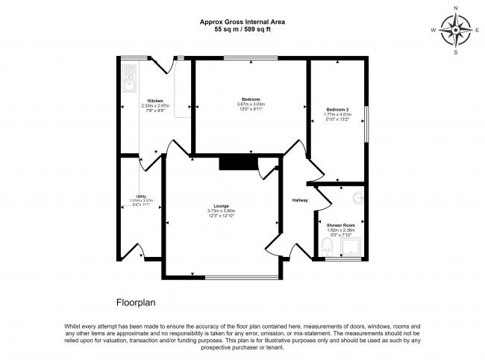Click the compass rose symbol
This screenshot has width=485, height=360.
(x=456, y=31)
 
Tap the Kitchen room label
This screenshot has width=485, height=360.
(x=155, y=100)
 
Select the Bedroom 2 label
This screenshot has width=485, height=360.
(x=337, y=111)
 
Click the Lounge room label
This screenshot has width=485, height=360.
(x=221, y=205)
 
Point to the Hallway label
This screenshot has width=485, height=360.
(x=300, y=199)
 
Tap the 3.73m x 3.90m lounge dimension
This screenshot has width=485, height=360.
(x=221, y=211)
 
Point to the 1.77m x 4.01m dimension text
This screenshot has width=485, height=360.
(x=337, y=116)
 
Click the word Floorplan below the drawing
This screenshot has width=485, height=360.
(x=135, y=303)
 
